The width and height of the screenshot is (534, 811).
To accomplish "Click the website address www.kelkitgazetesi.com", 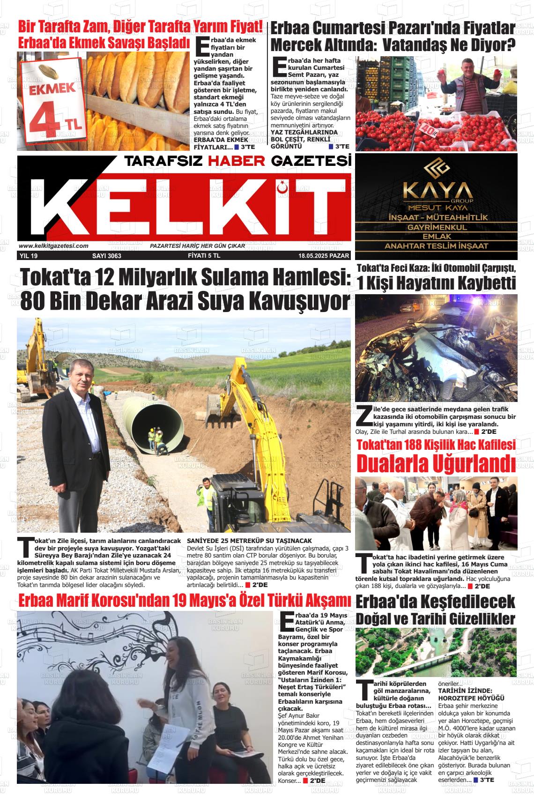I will [x=53, y=246].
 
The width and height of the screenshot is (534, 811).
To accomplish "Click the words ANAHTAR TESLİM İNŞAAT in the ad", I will [x=436, y=246].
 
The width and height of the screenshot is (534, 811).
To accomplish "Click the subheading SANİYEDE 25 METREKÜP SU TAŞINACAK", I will [x=249, y=541].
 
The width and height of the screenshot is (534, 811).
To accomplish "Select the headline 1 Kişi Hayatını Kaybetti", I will [x=436, y=283].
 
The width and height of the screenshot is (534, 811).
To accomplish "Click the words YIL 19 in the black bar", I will [x=29, y=256].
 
